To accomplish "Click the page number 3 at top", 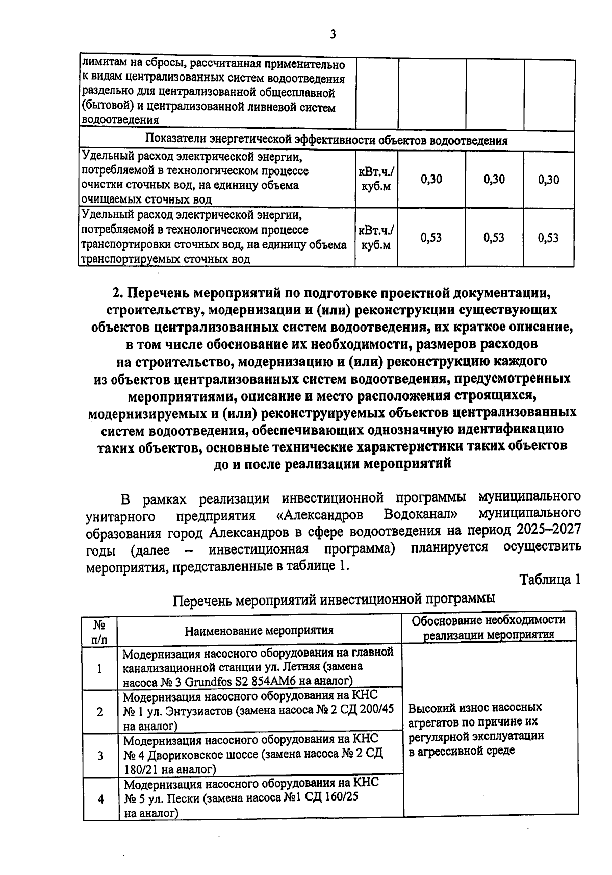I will tap(333, 34).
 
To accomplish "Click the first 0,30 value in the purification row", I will tap(431, 179).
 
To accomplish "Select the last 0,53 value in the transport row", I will tap(548, 238).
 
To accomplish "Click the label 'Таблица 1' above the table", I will tap(550, 580).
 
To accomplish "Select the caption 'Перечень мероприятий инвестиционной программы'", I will tap(334, 598).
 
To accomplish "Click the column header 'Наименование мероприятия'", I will tap(259, 630).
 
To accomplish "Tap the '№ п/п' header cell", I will tap(100, 630).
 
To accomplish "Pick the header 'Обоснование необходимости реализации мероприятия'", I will tap(489, 627).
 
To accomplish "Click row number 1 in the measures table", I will tap(100, 668).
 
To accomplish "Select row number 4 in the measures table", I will tap(100, 799).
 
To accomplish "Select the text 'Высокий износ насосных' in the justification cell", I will tap(475, 708).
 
